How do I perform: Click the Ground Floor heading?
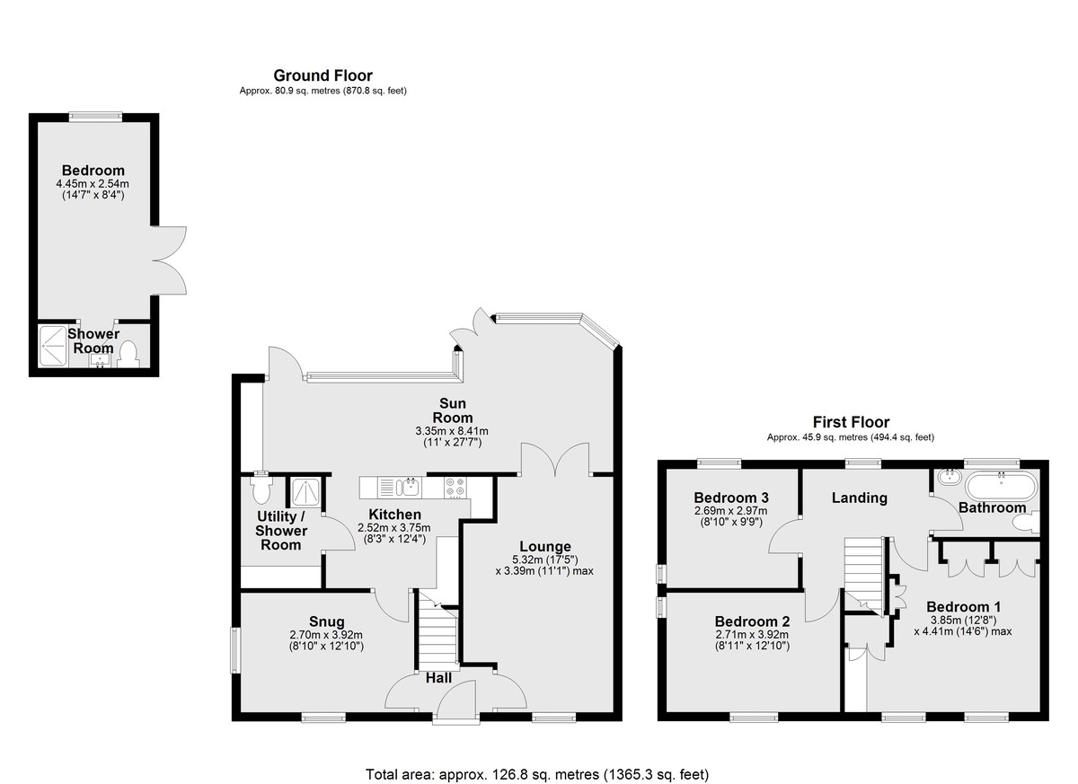(323, 75)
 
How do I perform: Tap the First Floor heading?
(851, 422)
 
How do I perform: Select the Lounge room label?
(545, 546)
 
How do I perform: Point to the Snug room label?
(327, 622)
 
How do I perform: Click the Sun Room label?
(453, 410)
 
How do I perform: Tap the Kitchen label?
(394, 515)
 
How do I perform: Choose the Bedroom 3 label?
(731, 498)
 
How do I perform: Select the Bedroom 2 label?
(752, 622)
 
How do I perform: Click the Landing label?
(860, 498)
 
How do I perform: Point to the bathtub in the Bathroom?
(1001, 486)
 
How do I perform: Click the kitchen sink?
(409, 488)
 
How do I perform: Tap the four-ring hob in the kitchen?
(455, 487)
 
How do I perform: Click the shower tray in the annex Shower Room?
(53, 346)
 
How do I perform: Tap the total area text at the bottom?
(537, 761)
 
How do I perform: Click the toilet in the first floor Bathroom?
(1026, 523)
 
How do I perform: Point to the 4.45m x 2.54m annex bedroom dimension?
(93, 184)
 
